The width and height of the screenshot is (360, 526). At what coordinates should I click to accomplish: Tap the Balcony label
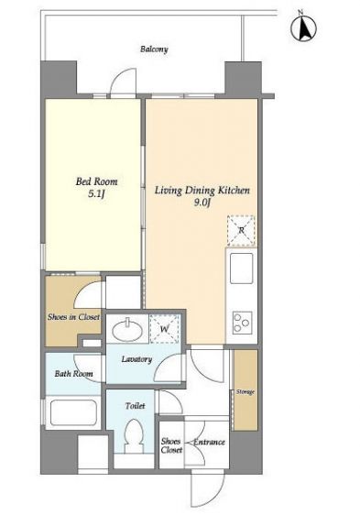(x=154, y=49)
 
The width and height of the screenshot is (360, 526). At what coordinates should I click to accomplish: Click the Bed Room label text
(x=96, y=181)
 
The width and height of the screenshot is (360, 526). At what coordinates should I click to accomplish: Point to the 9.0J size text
(x=202, y=203)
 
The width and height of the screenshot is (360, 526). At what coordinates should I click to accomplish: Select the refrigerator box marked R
(x=241, y=230)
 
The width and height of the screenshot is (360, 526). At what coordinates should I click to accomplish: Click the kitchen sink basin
(x=241, y=268)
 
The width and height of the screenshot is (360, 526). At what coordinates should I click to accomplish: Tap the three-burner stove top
(x=242, y=323)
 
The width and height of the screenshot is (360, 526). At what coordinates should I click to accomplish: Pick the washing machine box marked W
(x=164, y=329)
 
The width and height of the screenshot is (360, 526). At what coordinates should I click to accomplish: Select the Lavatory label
(x=136, y=359)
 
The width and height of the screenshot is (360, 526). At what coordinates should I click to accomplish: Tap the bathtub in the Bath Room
(x=73, y=412)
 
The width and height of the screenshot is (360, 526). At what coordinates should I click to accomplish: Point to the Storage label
(x=245, y=392)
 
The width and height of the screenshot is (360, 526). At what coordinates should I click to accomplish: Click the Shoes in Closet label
(x=73, y=317)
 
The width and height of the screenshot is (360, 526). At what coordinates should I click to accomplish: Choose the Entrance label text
(x=209, y=442)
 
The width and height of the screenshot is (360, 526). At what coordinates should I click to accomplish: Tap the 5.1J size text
(x=97, y=194)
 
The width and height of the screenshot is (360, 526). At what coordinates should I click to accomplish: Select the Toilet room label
(x=135, y=406)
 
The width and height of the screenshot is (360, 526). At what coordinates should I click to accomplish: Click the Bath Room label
(x=73, y=374)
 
